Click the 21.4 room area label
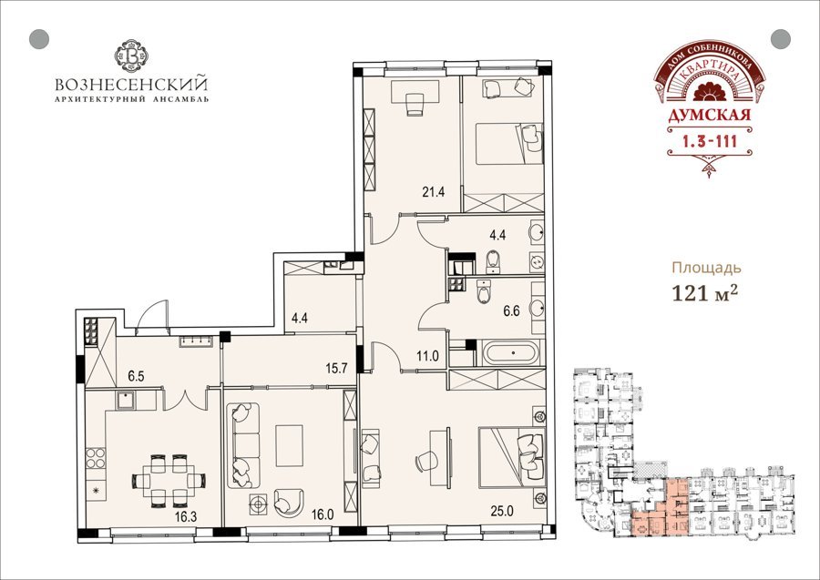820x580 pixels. (x=434, y=192)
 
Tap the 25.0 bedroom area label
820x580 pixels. (x=501, y=511)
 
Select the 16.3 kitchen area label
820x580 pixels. (x=186, y=517)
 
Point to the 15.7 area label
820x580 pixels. (x=336, y=369)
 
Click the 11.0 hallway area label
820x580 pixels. (x=427, y=357)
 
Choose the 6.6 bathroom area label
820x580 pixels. (x=511, y=311)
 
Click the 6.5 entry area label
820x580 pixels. (x=136, y=376)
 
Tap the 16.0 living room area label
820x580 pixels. (x=323, y=514)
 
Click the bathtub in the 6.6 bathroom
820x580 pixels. (x=510, y=352)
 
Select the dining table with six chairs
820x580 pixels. (x=169, y=481)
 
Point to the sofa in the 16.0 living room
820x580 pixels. (x=243, y=445)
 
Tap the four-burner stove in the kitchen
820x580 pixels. (x=96, y=458)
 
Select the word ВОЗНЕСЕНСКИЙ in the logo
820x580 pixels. (x=131, y=84)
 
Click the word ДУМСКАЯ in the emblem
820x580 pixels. (x=709, y=115)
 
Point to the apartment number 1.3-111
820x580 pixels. (x=709, y=140)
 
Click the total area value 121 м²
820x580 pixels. (x=705, y=294)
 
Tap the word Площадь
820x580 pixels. (x=706, y=269)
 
